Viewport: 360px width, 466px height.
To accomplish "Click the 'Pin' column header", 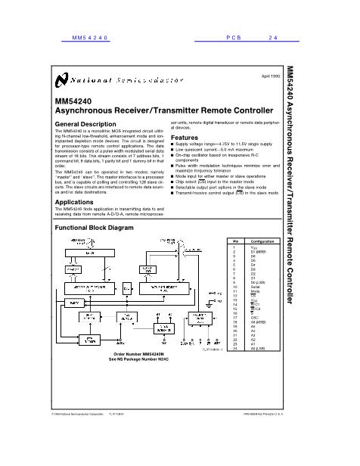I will click(234, 241).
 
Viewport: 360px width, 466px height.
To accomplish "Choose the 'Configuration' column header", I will click(262, 241).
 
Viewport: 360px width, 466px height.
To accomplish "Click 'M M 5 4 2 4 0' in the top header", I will click(90, 36).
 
